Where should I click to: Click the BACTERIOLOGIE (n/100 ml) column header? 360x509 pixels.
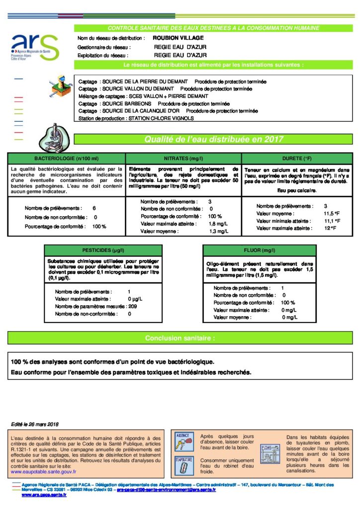coord(66,158)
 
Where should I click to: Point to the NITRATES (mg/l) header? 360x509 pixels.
coord(183,158)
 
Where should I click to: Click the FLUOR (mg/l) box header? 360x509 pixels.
coord(259,251)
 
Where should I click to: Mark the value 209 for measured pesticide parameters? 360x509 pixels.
coord(132,307)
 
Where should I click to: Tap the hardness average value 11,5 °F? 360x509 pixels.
coord(332,213)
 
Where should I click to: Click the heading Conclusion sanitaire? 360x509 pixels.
coord(180,338)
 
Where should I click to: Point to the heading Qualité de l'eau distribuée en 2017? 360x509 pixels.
coord(214,140)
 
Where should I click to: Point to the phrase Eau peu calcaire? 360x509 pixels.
coord(297,190)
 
